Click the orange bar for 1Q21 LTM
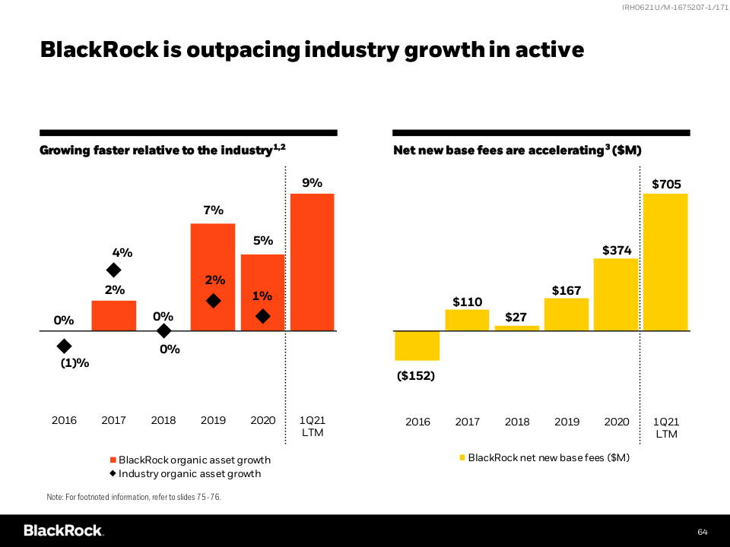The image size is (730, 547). [312, 262]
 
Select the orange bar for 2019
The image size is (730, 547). [213, 277]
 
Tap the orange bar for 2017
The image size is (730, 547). [114, 316]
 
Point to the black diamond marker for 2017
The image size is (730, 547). [113, 270]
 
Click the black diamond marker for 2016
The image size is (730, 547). [65, 346]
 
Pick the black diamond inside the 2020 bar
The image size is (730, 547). [262, 316]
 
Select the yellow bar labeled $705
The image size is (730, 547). [665, 262]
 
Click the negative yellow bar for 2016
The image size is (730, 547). [417, 346]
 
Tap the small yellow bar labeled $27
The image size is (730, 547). [517, 328]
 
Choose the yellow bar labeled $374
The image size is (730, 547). [616, 295]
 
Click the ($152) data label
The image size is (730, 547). [416, 375]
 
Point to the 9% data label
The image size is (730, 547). [313, 183]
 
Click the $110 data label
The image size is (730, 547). [468, 302]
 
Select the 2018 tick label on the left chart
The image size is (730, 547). [163, 421]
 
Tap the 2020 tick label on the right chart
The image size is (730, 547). [616, 422]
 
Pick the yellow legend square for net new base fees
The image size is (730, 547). [461, 457]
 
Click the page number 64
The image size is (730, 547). [702, 530]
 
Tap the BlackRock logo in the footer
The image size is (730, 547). [63, 530]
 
